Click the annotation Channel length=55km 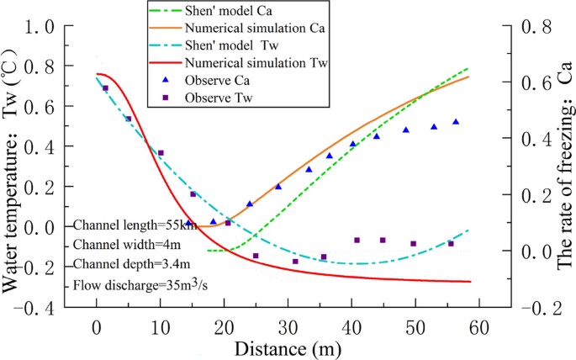135,225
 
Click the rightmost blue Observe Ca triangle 457,122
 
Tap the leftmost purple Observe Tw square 106,88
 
